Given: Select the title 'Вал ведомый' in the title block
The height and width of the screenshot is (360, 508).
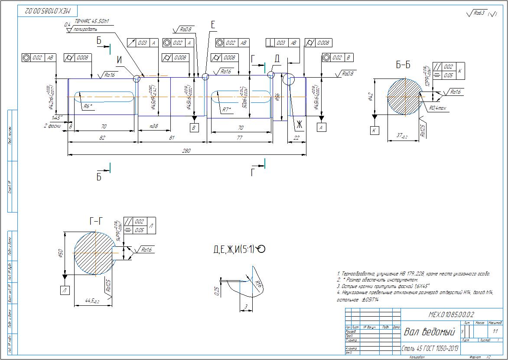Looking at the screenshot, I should [430, 332].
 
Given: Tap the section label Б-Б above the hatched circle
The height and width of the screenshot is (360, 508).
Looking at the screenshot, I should [403, 65].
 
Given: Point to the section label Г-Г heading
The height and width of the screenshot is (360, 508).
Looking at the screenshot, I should [97, 222].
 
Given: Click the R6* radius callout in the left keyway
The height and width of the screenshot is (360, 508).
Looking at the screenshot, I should [87, 105].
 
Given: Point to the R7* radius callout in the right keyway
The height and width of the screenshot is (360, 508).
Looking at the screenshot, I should [226, 110].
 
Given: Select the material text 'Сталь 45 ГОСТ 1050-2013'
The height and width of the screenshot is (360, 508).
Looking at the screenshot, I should [430, 349].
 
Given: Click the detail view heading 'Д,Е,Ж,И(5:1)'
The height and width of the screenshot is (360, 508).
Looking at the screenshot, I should [238, 249].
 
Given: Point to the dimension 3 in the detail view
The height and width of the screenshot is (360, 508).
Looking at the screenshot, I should [246, 307].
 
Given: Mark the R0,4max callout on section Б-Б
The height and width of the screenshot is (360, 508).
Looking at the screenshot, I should [439, 108].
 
